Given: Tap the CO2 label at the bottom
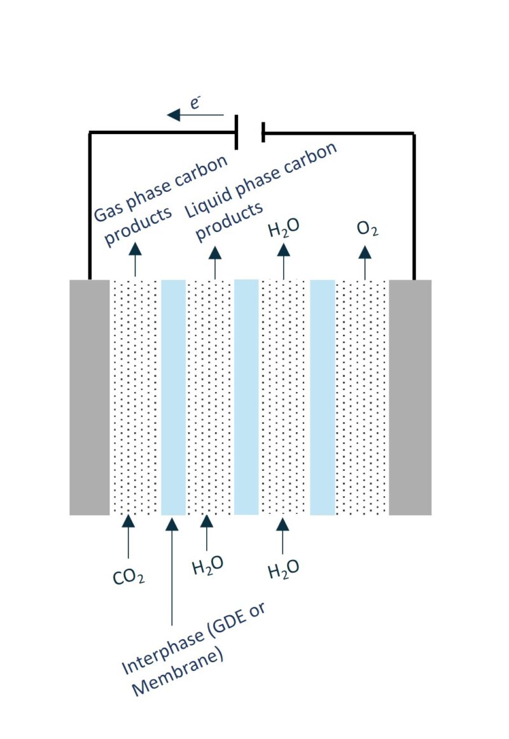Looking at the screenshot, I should (x=129, y=578).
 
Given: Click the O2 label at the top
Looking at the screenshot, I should (x=367, y=229).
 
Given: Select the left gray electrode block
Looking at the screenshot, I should (x=90, y=397).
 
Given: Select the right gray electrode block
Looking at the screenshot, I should (x=410, y=397).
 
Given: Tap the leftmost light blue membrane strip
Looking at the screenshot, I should (x=173, y=397).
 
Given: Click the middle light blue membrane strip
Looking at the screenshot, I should (x=247, y=397).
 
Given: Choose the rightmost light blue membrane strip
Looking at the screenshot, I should (x=323, y=397).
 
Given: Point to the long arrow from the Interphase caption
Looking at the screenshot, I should (x=172, y=572).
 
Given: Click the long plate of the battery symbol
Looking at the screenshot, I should (x=237, y=132).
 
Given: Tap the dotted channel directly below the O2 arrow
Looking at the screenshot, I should (x=361, y=397).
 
